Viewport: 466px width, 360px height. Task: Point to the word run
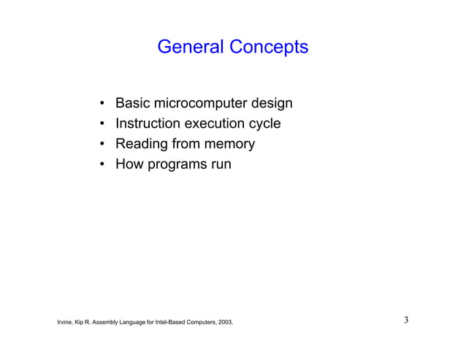coord(221,165)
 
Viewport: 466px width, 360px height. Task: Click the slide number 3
coord(405,320)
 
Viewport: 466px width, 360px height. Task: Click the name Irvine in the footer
coord(65,321)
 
